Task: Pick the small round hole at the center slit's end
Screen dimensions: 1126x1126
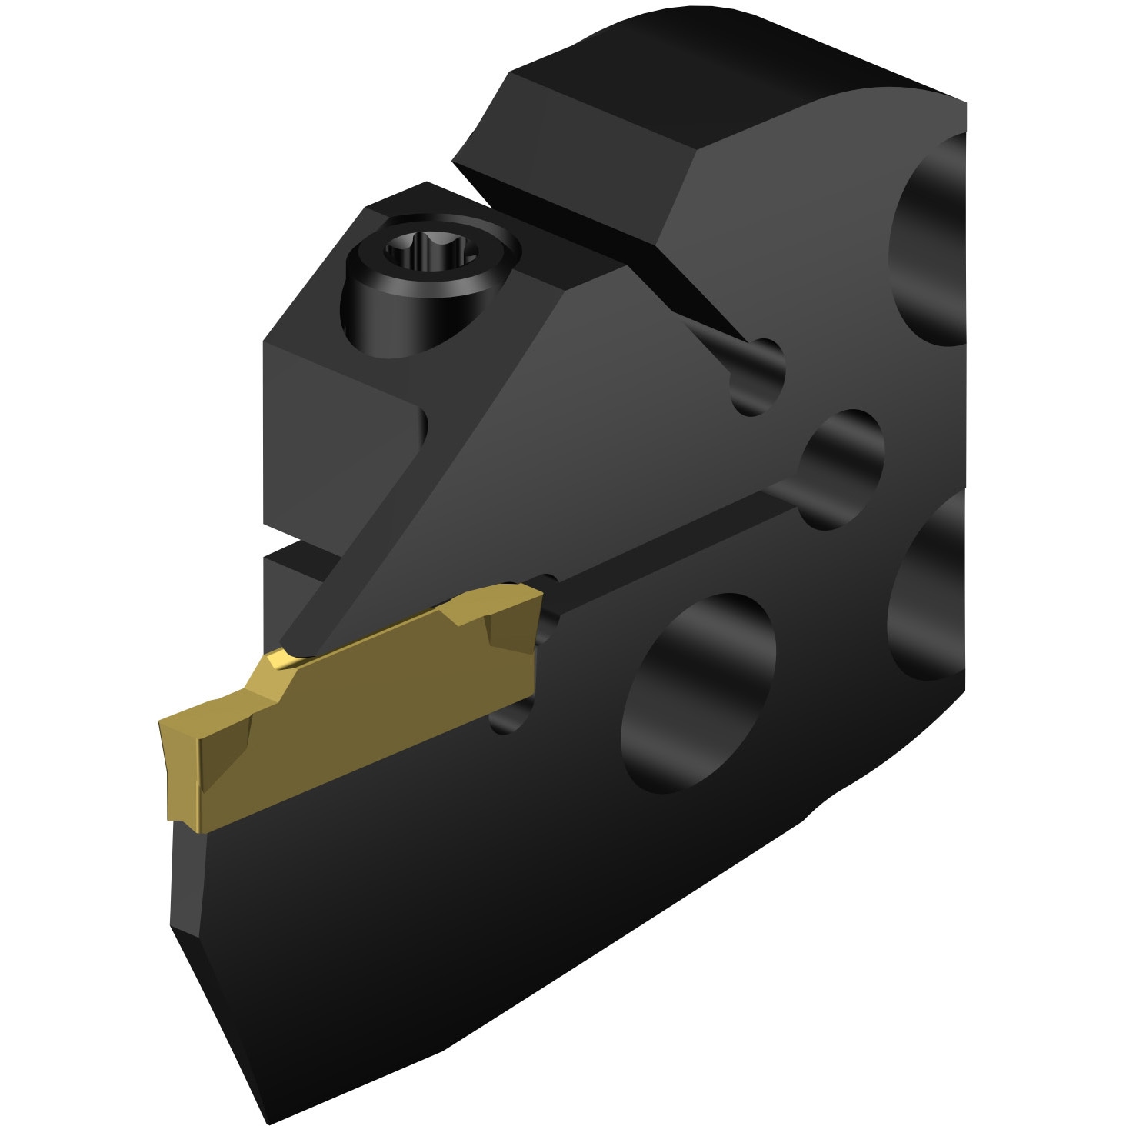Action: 841,469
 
